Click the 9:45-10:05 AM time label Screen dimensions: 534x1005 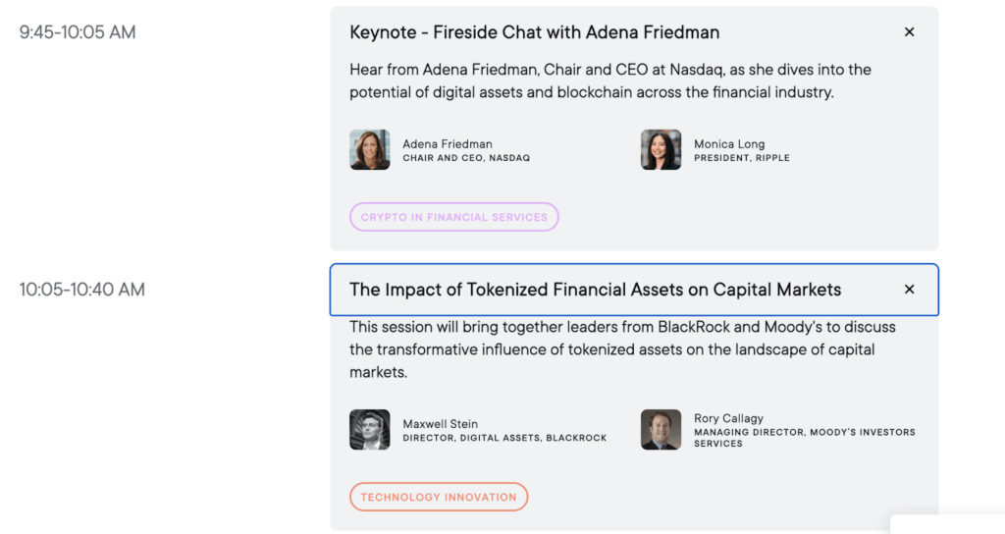pos(78,32)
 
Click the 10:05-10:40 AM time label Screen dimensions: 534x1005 pos(82,290)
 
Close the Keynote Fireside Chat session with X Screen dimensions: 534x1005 pos(909,32)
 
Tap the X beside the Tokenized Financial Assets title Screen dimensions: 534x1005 pos(909,290)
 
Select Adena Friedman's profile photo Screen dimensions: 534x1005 pos(370,150)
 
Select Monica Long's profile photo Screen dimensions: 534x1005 pos(661,150)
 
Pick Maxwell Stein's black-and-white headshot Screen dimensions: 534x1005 pos(370,430)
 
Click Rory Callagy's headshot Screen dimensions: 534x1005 pos(661,430)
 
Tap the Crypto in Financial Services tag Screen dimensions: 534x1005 pos(453,217)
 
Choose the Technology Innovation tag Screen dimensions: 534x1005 pos(438,497)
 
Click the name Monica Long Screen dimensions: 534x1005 pos(729,144)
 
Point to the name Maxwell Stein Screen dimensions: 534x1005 pos(440,424)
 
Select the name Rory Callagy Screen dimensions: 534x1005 pos(728,418)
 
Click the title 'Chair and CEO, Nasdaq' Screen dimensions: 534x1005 pos(466,158)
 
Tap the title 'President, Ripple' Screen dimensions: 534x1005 pos(741,158)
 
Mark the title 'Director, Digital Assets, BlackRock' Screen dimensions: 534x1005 pos(504,438)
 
